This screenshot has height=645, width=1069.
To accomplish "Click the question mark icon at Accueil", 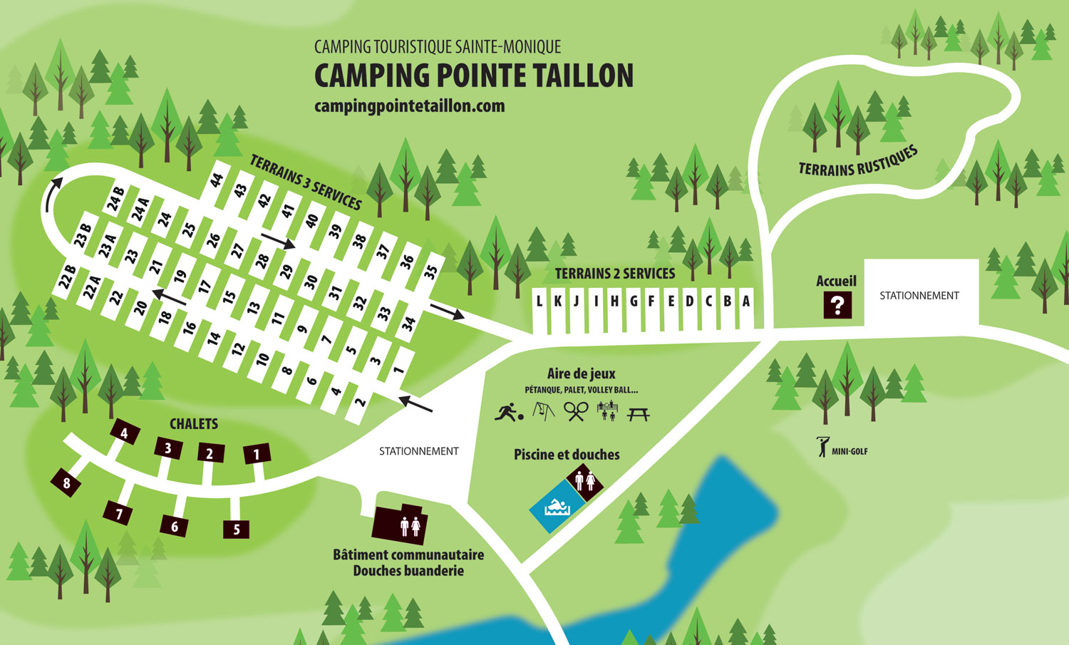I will point(837,305).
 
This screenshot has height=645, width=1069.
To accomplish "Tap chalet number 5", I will point(237,529).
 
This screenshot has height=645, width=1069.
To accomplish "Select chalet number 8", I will point(66,484).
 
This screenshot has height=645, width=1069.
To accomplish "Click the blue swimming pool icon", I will point(557,507).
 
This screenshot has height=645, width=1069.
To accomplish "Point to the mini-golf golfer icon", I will point(824,447).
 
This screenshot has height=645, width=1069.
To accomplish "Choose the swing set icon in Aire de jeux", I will point(544,411).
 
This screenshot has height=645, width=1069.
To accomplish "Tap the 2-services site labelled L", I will point(539,301).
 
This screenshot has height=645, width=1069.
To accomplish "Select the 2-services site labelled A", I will point(745,301).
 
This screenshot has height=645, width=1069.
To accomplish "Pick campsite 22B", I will point(68,278).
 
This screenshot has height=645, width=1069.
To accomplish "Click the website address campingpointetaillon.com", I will point(409,106).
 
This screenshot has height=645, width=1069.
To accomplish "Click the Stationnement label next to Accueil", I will point(919,295).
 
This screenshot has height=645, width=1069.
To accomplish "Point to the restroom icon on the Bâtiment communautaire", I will point(410,526).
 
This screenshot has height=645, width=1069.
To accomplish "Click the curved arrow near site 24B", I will point(52,193).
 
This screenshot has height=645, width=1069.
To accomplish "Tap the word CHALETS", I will point(193,424).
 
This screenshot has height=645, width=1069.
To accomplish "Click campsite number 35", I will point(430,272).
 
